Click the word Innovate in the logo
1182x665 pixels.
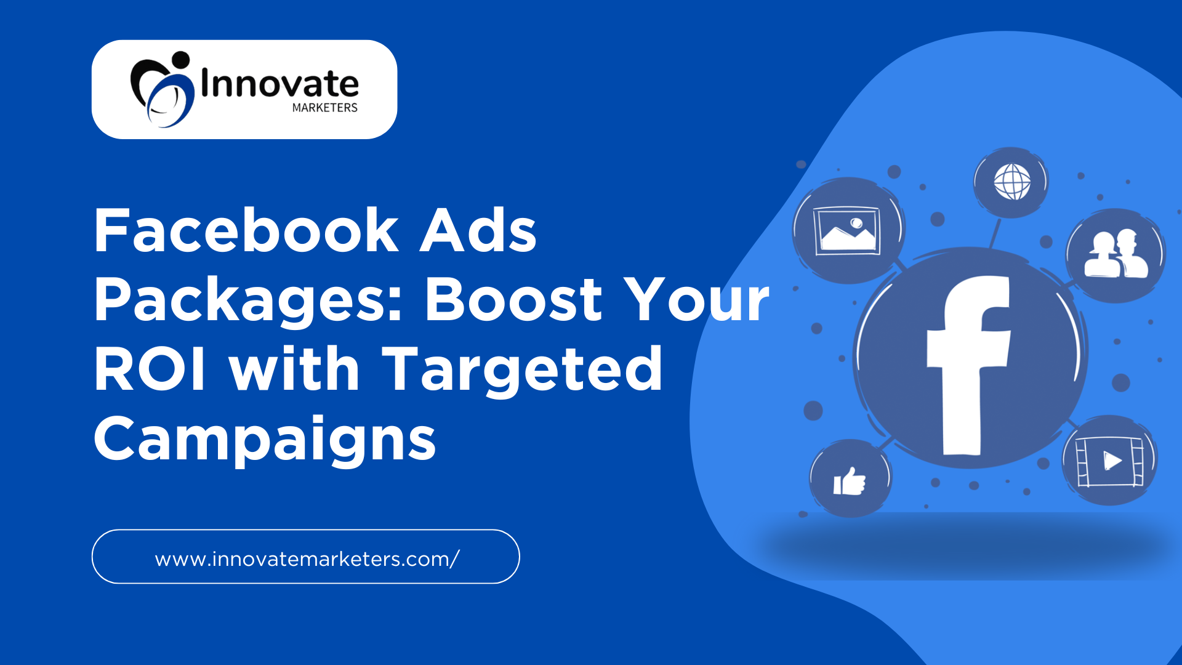click(280, 84)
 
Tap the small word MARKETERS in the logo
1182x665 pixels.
click(325, 108)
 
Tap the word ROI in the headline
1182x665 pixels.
click(150, 369)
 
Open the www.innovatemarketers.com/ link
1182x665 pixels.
click(307, 559)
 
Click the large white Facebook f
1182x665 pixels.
click(968, 365)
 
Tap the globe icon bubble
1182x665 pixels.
click(1011, 182)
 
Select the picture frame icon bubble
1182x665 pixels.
click(848, 231)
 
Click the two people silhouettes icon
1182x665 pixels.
click(1116, 254)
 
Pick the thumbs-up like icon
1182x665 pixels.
click(850, 482)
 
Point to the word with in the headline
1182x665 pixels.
click(294, 369)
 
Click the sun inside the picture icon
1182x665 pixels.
click(856, 223)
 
